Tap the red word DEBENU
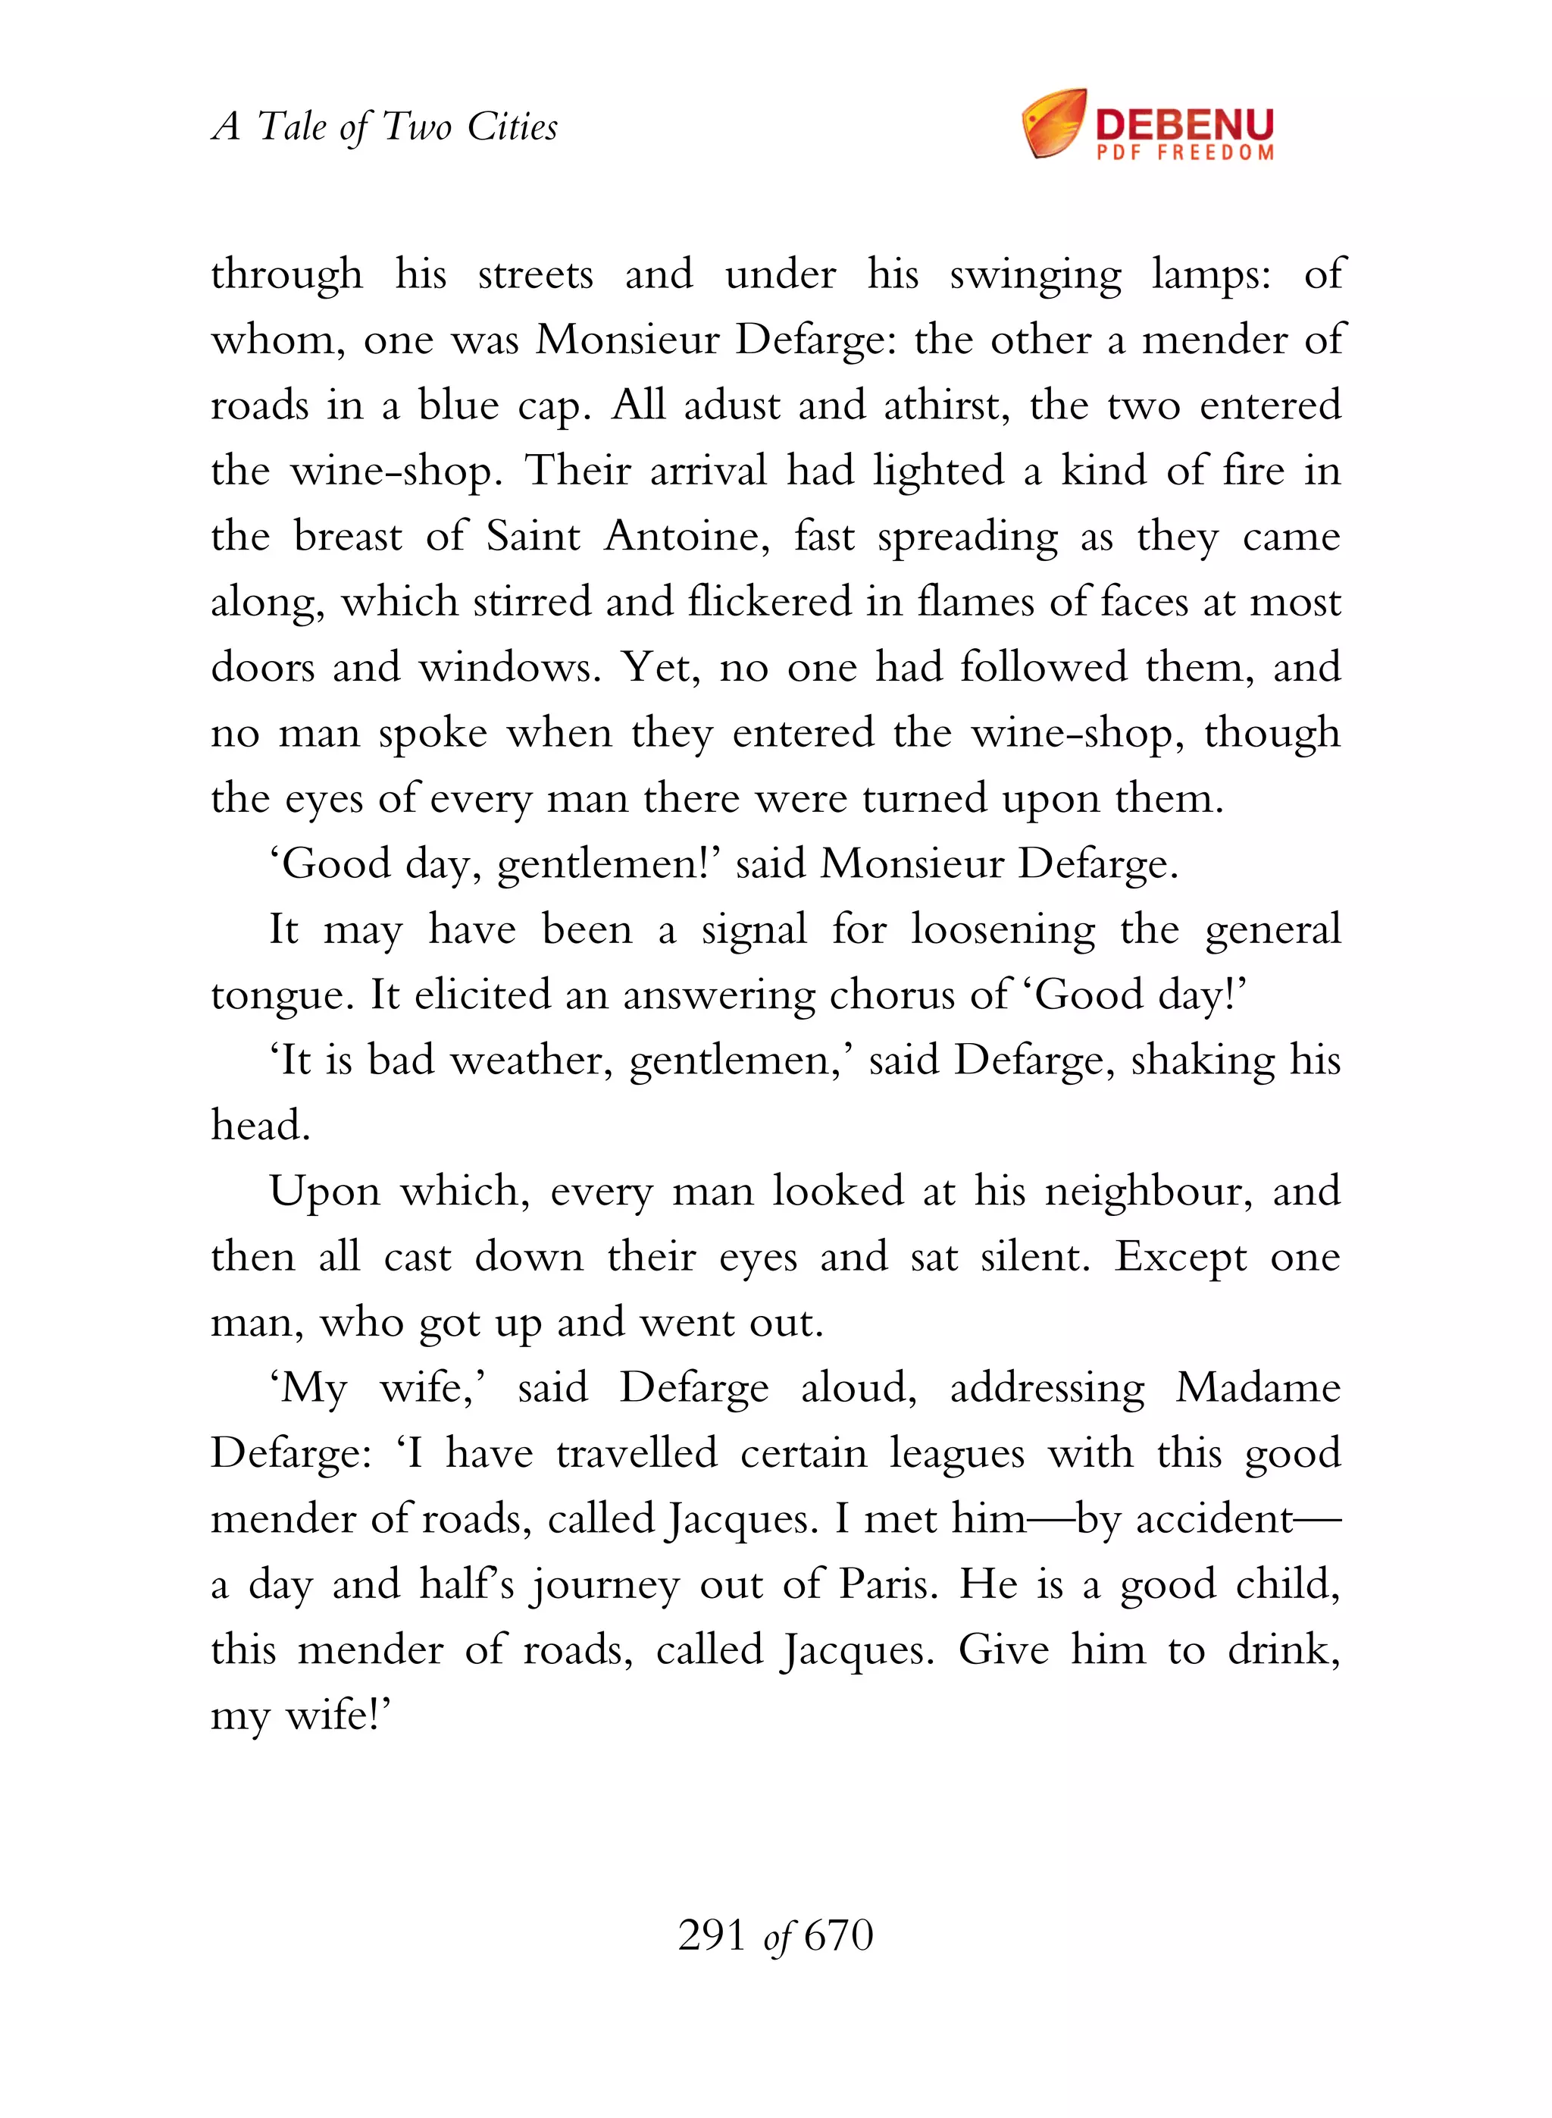point(1184,123)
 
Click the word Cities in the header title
point(512,126)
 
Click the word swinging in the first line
point(1035,276)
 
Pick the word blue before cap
point(458,406)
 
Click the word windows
point(509,668)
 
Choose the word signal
point(753,931)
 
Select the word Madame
point(1258,1389)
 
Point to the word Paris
point(888,1585)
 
